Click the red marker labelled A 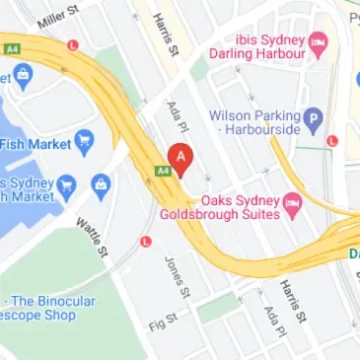tap(180, 158)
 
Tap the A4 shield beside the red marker tap(161, 171)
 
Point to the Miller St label tap(60, 15)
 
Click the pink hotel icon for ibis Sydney tap(318, 41)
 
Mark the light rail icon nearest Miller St tap(73, 45)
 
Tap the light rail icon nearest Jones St tap(146, 241)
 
